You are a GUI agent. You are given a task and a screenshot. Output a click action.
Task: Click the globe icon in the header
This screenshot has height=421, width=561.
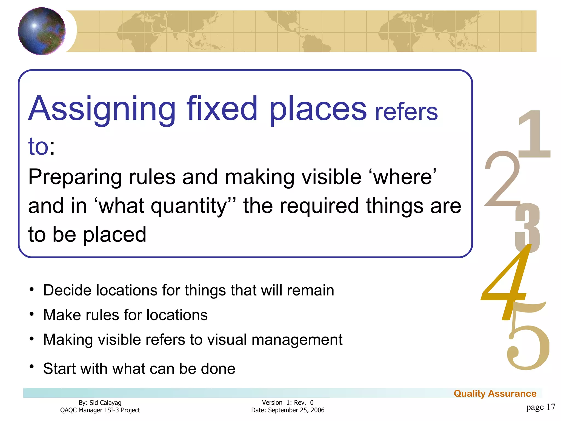coord(42,31)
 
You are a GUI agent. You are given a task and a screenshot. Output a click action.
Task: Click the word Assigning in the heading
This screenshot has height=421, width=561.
coord(102,109)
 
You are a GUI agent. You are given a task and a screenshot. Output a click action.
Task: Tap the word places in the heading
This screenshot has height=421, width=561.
coord(318,109)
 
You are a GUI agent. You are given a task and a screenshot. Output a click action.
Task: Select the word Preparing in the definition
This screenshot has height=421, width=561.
coord(75,178)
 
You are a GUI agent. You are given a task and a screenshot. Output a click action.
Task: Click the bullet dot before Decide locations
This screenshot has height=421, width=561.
coord(32,289)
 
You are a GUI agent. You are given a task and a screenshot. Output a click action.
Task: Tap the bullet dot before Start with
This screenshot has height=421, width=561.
coord(32,366)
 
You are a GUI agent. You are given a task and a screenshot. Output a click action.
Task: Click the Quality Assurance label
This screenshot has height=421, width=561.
coord(495,394)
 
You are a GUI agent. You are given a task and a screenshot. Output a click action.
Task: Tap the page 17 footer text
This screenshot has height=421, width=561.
coord(540,407)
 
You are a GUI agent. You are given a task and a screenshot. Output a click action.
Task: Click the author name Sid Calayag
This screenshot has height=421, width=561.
coord(105,403)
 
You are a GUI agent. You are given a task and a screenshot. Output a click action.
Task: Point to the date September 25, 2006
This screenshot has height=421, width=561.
coord(296,410)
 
